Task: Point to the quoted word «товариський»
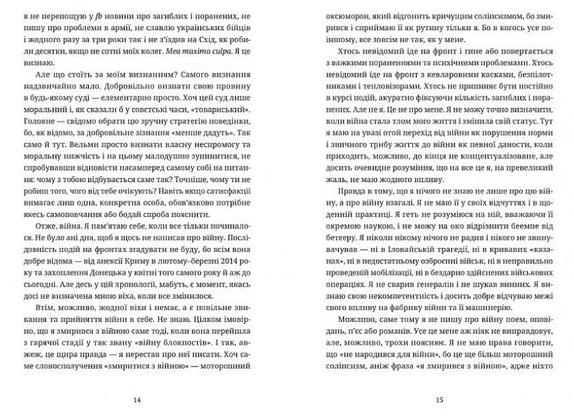pos(231,112)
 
